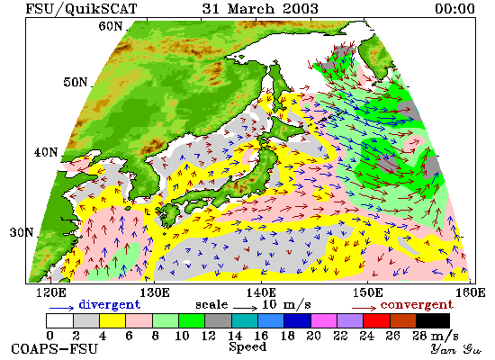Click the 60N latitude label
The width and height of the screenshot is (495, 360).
pyautogui.click(x=110, y=26)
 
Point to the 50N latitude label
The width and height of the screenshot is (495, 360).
pyautogui.click(x=75, y=82)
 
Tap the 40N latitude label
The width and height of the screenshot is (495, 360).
pyautogui.click(x=46, y=152)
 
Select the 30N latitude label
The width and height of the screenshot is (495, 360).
pyautogui.click(x=22, y=233)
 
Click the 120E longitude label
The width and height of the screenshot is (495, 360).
pyautogui.click(x=51, y=292)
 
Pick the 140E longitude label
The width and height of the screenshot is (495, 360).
pyautogui.click(x=261, y=292)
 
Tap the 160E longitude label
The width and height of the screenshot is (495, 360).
pyautogui.click(x=471, y=292)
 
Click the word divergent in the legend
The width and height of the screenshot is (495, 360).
pyautogui.click(x=109, y=304)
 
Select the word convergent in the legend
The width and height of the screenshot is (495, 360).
pyautogui.click(x=417, y=305)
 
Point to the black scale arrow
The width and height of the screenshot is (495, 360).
pyautogui.click(x=246, y=308)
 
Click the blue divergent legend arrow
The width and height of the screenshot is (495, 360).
pyautogui.click(x=61, y=308)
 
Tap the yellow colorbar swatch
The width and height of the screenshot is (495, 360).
pyautogui.click(x=112, y=320)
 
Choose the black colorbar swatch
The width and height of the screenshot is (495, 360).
pyautogui.click(x=433, y=320)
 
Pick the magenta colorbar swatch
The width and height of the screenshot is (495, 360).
pyautogui.click(x=324, y=320)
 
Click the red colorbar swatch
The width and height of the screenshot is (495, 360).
pyautogui.click(x=376, y=320)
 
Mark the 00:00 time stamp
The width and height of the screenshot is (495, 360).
pyautogui.click(x=454, y=8)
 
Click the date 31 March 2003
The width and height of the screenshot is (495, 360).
pyautogui.click(x=260, y=8)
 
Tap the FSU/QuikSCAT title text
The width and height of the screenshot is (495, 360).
pyautogui.click(x=81, y=9)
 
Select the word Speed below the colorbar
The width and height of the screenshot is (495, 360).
pyautogui.click(x=247, y=346)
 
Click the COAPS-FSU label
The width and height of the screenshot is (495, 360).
pyautogui.click(x=54, y=349)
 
